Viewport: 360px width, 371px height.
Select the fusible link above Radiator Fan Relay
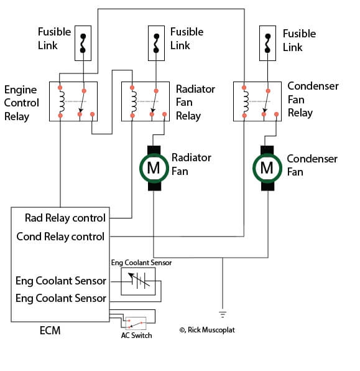(x=155, y=42)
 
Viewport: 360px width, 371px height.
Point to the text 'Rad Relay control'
(x=65, y=218)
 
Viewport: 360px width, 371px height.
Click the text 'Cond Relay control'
(x=60, y=237)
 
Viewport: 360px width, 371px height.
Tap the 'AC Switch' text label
(x=136, y=336)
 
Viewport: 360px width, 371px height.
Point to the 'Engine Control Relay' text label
(x=21, y=103)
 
